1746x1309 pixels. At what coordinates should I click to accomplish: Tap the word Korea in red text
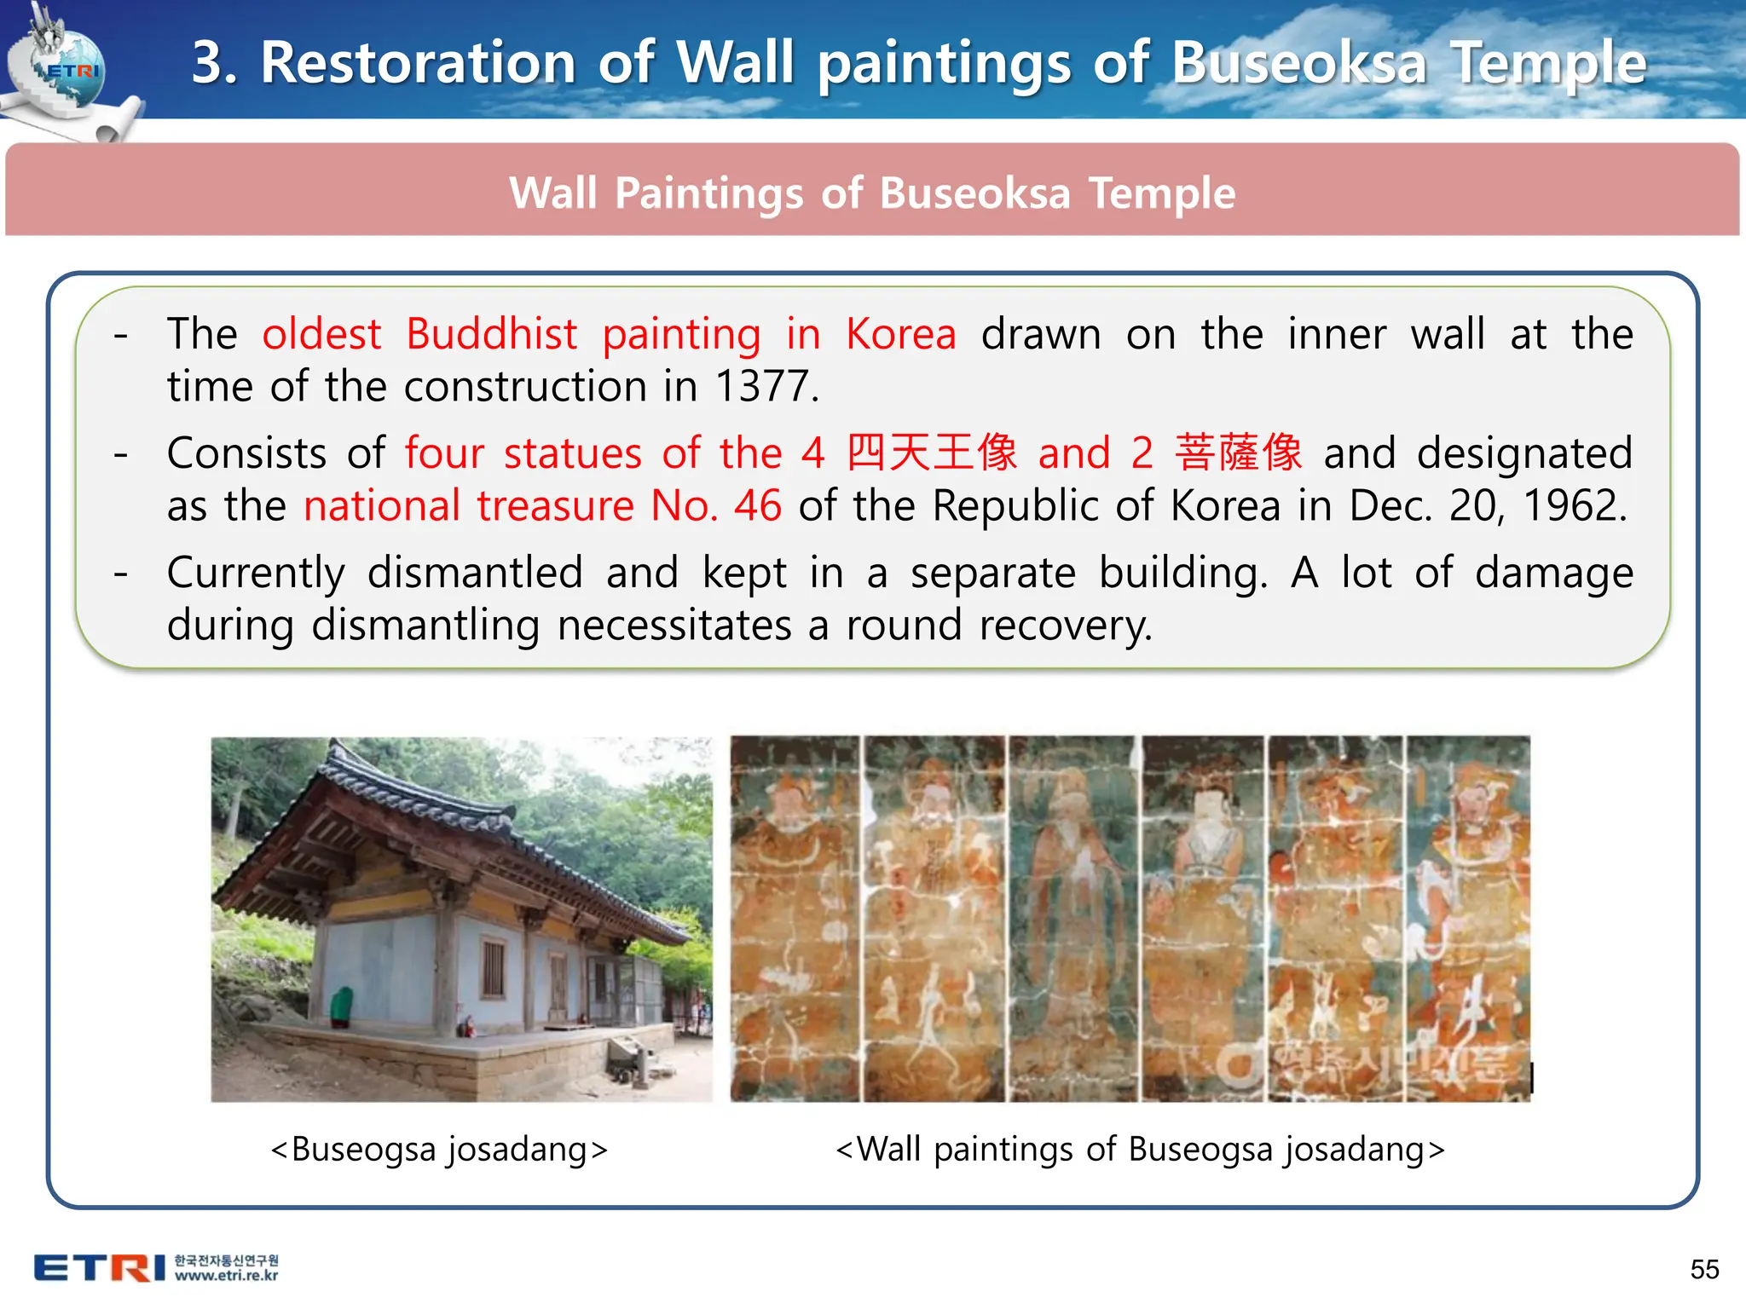tap(900, 334)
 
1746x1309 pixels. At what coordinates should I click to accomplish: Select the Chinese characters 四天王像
tap(932, 453)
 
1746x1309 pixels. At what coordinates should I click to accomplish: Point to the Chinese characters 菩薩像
tap(1238, 453)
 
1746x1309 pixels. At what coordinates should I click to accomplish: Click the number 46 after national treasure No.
tap(757, 505)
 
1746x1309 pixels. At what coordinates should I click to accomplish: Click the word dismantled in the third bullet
tap(475, 572)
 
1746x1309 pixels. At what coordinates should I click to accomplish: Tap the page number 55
tap(1704, 1269)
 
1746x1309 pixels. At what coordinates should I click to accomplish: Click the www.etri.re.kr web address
tap(226, 1276)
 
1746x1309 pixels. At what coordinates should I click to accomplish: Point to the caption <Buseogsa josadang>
tap(439, 1149)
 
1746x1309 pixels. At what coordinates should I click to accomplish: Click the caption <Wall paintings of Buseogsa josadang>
tap(1140, 1149)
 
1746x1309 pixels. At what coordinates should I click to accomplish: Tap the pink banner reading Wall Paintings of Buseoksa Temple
tap(871, 192)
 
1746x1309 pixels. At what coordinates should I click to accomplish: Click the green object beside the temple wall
tap(341, 1006)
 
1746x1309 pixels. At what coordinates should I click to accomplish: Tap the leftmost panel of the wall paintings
tap(795, 919)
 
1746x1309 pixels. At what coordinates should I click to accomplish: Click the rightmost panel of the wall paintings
tap(1468, 919)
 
